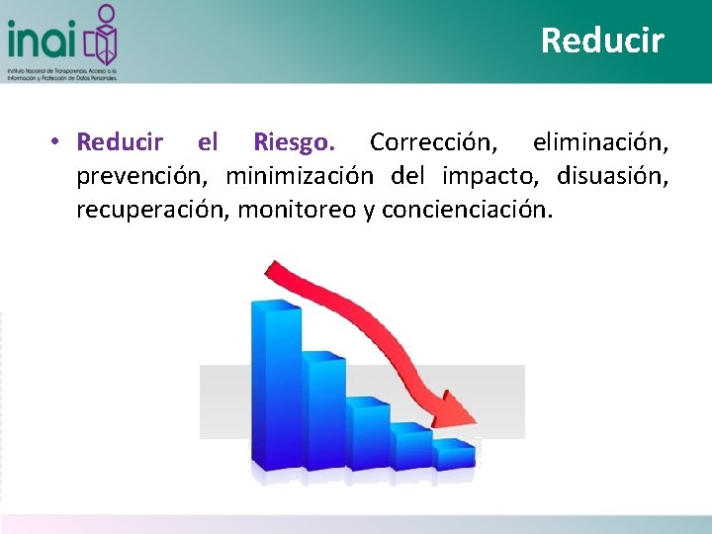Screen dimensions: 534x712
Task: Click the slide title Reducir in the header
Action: point(602,41)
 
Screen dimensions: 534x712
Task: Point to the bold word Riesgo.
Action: point(293,142)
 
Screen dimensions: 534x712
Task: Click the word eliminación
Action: point(599,142)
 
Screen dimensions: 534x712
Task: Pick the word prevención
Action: point(143,176)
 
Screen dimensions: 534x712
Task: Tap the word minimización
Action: point(300,176)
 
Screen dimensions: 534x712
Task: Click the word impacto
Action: point(490,176)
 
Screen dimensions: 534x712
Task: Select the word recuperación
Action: point(152,210)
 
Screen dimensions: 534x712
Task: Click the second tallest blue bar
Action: point(323,410)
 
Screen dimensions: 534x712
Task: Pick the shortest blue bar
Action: point(453,453)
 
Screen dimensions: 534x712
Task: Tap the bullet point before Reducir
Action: point(58,142)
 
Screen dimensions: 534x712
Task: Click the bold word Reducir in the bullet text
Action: point(120,142)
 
